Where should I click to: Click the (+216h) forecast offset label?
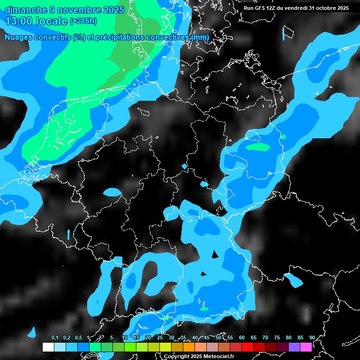(x=83, y=21)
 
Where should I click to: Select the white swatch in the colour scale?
(x=48, y=347)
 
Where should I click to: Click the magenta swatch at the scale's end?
(x=306, y=347)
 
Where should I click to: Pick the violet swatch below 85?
(x=294, y=347)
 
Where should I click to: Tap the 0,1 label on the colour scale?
(x=55, y=337)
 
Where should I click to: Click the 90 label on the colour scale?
(x=312, y=337)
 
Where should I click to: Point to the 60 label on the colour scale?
(x=242, y=337)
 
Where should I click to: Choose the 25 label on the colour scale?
(x=160, y=337)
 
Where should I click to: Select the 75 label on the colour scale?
(x=277, y=337)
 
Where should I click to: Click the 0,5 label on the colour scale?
(x=78, y=337)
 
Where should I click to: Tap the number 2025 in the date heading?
(x=111, y=9)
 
